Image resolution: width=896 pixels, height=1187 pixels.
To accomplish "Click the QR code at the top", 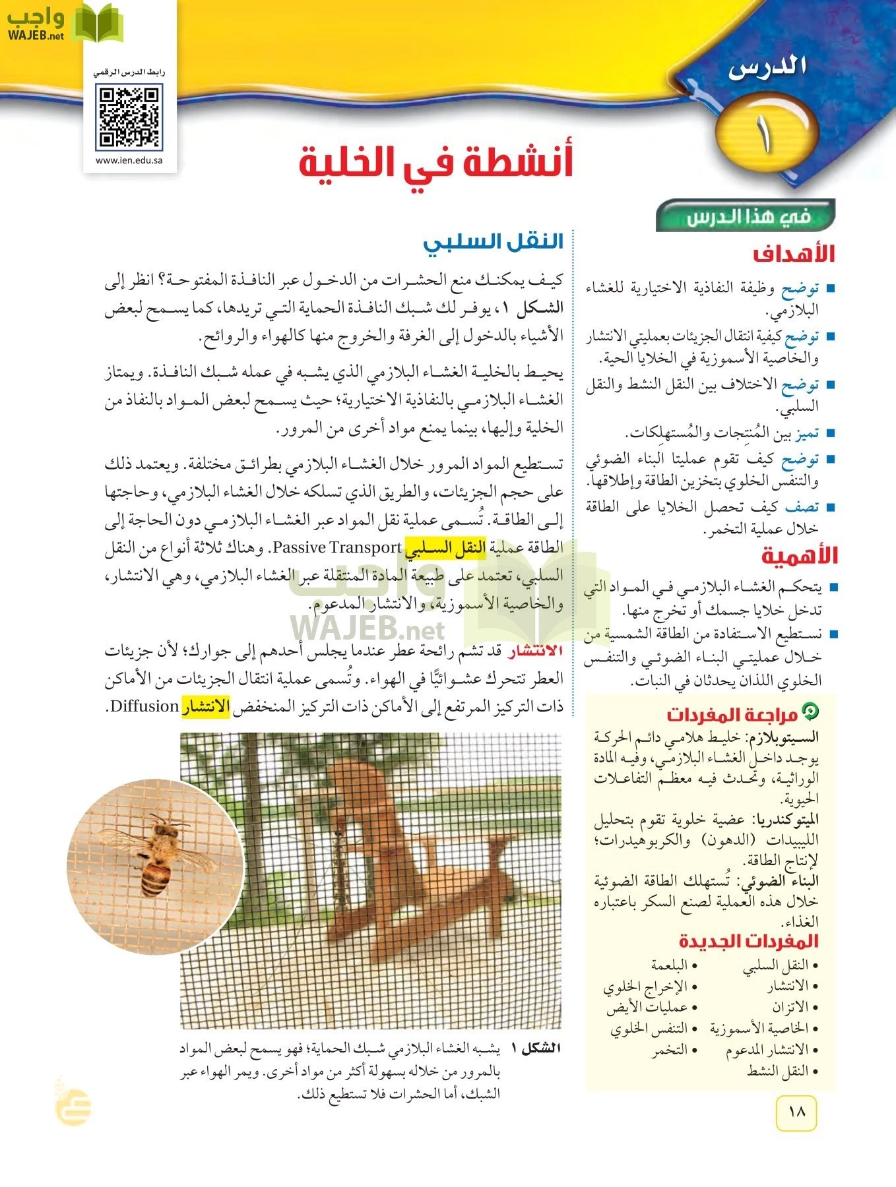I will pyautogui.click(x=129, y=117).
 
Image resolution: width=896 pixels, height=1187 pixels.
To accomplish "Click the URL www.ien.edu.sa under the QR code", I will pyautogui.click(x=129, y=160).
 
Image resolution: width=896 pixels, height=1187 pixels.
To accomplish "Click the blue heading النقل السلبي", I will pyautogui.click(x=493, y=242).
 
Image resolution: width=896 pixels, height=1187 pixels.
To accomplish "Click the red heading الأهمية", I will pyautogui.click(x=799, y=556).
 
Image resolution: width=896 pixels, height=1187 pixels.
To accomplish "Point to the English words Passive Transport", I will pyautogui.click(x=336, y=547).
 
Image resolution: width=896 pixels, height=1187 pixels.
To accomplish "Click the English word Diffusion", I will pyautogui.click(x=144, y=707).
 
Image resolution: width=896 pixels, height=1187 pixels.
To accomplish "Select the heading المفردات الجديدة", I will pyautogui.click(x=748, y=941).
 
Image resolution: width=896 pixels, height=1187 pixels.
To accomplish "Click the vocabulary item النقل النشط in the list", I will pyautogui.click(x=782, y=1072).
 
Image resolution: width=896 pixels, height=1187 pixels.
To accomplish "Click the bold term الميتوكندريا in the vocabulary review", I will pyautogui.click(x=783, y=820).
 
